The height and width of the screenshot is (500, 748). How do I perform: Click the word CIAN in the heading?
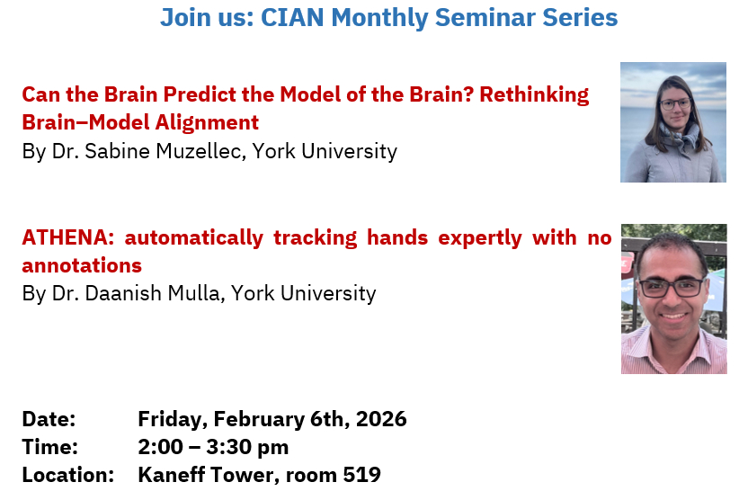click(292, 18)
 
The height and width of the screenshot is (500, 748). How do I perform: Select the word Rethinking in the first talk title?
click(534, 95)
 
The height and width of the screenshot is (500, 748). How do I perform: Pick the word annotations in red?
click(82, 266)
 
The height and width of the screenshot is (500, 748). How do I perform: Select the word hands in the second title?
click(397, 237)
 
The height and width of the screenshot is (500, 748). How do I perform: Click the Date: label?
click(49, 419)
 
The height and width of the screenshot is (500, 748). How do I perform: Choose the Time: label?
click(50, 448)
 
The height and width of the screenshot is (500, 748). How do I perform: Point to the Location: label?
click(68, 475)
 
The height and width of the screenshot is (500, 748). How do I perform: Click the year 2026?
click(381, 419)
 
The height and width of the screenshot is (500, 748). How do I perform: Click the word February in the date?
click(259, 420)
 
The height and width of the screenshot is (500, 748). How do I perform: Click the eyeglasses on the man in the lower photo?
click(672, 287)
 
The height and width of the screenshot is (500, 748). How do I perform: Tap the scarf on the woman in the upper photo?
click(677, 135)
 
